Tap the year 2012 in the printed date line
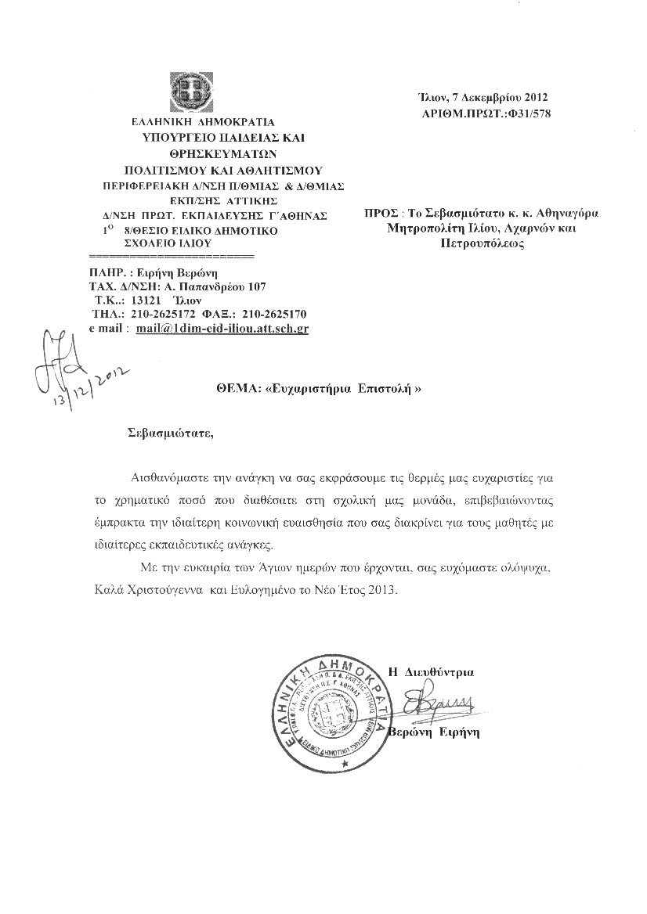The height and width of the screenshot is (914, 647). (x=533, y=98)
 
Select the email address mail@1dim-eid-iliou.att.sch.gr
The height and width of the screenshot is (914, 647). (x=222, y=329)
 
